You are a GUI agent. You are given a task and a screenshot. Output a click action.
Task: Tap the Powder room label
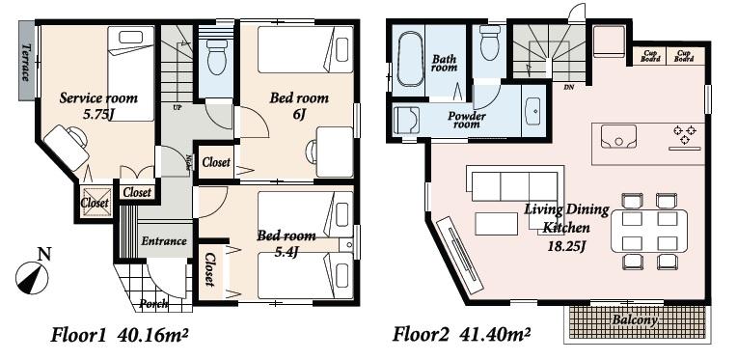pos(466,120)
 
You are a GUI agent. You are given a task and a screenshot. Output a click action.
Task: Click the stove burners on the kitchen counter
pos(685,136)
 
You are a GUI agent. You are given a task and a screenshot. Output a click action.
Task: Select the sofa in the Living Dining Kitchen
pos(514,184)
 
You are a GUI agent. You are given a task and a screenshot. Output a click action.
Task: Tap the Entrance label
pos(163,240)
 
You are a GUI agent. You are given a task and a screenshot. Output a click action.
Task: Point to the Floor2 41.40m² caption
pos(461,336)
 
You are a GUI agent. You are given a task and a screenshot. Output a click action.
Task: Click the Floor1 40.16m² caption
pos(120,336)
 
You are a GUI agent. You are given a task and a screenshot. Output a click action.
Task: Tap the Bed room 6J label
pos(299,105)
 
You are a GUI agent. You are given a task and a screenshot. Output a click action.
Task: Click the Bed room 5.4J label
pos(286,242)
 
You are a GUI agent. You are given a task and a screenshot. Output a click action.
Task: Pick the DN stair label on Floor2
pos(569,86)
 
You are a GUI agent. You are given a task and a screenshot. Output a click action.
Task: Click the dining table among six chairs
pos(649,232)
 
